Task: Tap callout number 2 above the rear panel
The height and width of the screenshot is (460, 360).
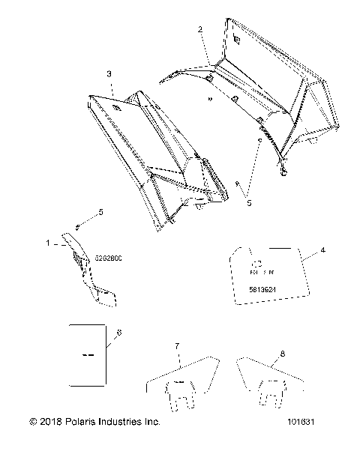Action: [x=200, y=29]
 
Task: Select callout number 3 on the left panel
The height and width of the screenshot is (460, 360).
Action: [x=109, y=74]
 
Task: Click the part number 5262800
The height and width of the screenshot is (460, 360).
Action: [x=109, y=258]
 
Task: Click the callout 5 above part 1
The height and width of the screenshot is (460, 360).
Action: [x=100, y=213]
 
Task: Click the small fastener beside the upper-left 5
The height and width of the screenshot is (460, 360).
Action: [x=77, y=227]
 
